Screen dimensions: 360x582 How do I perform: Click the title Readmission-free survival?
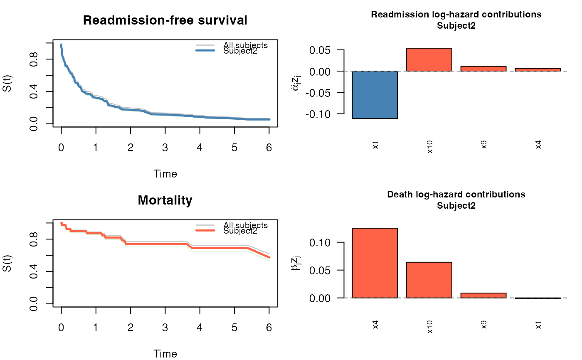[x=165, y=20]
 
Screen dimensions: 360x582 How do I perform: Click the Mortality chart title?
[x=165, y=200]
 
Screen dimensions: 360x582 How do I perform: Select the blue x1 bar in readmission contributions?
[x=375, y=95]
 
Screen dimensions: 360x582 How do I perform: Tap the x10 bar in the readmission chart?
[x=429, y=59]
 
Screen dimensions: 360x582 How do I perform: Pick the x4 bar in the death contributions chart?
[x=375, y=263]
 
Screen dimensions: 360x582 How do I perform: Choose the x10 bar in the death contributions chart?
[x=429, y=280]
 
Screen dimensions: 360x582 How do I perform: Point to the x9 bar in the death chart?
[x=483, y=295]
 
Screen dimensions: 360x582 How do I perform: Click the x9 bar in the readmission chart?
[x=483, y=69]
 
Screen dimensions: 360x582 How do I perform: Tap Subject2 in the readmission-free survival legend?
[x=240, y=51]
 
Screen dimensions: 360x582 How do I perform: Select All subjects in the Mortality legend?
[x=245, y=225]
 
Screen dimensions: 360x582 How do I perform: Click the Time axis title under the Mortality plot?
[x=165, y=354]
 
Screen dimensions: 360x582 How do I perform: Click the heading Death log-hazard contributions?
[x=456, y=195]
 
